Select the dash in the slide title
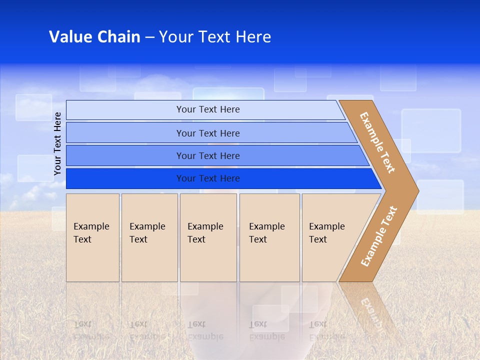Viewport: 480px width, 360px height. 149,37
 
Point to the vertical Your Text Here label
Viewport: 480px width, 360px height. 57,143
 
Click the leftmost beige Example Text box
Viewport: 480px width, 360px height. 92,237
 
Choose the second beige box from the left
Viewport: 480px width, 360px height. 149,237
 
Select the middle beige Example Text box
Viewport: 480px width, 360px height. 208,237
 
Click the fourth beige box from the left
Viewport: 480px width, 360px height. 269,237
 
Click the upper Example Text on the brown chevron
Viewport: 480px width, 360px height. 377,142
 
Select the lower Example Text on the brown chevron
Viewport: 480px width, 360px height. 379,236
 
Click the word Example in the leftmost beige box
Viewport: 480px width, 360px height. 91,226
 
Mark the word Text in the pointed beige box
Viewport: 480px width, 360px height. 317,239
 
